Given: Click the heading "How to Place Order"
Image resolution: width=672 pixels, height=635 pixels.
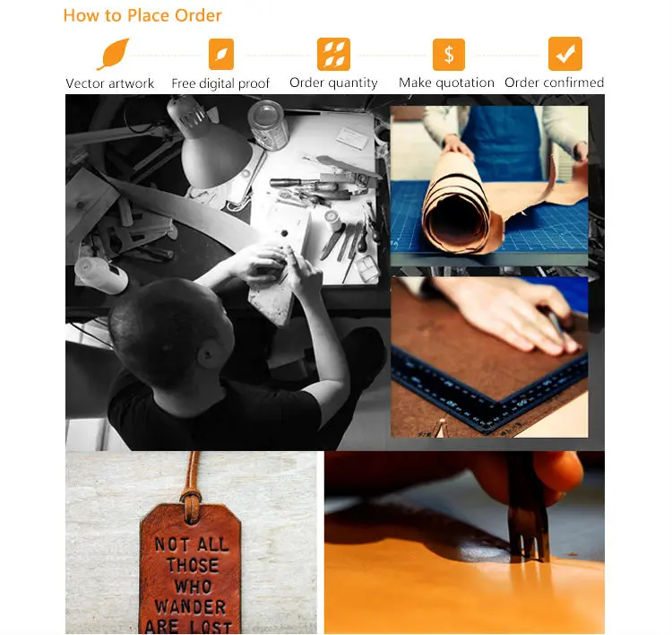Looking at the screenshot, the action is coord(142,15).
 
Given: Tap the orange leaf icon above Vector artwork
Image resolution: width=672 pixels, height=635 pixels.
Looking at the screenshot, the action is coord(113,54).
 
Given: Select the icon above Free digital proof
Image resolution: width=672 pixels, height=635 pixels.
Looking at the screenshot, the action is coord(221,54).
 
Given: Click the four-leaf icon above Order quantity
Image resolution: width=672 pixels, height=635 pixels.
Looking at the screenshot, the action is coord(333,54).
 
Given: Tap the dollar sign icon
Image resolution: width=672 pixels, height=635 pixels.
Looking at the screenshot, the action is coord(449,54).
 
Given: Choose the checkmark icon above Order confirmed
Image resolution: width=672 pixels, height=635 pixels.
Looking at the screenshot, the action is coord(565,54).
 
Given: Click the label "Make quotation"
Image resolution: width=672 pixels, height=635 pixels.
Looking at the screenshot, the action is coord(446,83).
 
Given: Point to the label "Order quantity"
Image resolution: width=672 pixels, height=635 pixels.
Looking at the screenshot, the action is coord(333,83).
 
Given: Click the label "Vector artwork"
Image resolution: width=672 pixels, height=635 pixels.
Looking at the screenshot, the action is coord(109,83).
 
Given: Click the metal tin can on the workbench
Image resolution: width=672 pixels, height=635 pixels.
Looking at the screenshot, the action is coord(269,125).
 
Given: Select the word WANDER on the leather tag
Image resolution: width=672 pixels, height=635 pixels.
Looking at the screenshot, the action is coord(190,606).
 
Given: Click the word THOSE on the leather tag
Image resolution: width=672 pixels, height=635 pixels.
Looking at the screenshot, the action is coord(193,565).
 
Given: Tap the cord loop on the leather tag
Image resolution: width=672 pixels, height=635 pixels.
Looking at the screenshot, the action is coord(191,502).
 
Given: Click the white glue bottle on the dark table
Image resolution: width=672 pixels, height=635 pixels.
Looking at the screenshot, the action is coord(101,274).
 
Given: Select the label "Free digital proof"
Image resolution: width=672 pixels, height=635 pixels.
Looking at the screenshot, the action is coord(220,83).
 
